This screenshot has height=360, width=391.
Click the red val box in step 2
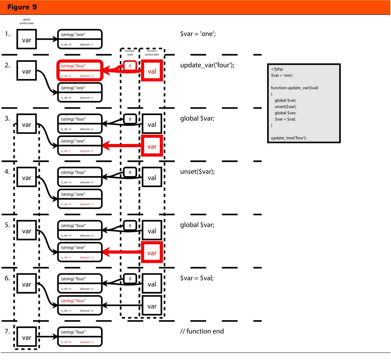click(152, 71)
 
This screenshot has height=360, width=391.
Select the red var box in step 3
click(152, 146)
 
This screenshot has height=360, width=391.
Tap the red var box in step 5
click(152, 253)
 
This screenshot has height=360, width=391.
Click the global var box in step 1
click(27, 40)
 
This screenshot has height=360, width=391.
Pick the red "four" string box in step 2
click(80, 70)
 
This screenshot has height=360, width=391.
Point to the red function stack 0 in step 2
click(130, 66)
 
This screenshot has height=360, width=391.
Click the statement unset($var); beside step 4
click(197, 172)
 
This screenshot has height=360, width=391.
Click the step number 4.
click(7, 172)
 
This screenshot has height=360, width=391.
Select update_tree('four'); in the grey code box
click(289, 138)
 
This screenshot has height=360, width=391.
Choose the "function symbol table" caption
click(152, 52)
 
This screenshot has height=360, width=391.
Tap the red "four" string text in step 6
click(73, 301)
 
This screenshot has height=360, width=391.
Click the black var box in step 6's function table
click(152, 306)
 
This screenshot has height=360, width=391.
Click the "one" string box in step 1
click(80, 38)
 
